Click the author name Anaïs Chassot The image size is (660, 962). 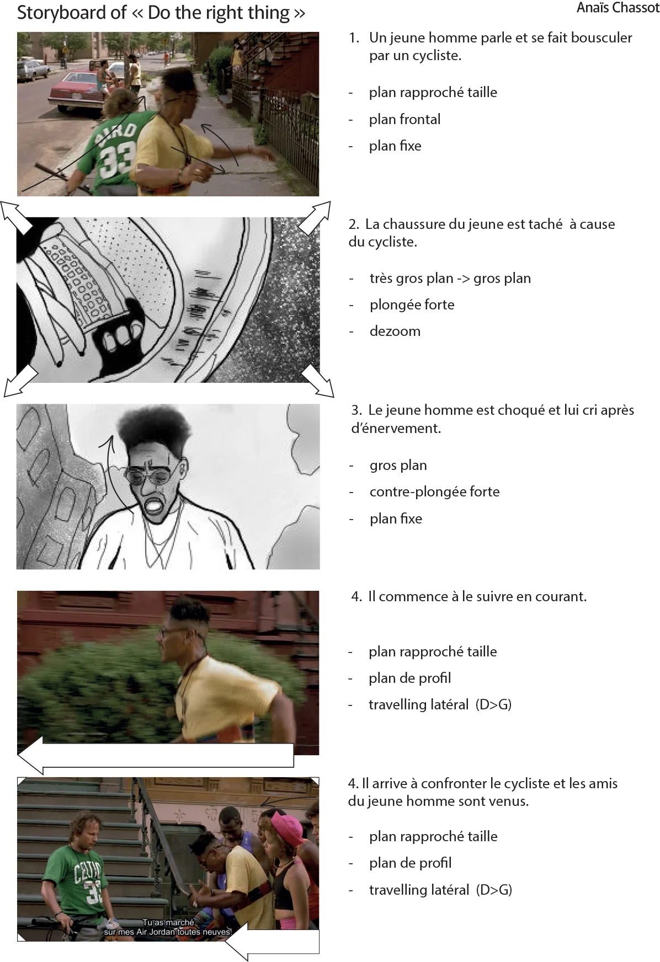(618, 8)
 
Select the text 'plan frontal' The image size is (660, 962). (404, 119)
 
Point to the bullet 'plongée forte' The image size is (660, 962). (412, 305)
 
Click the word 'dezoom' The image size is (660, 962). (395, 332)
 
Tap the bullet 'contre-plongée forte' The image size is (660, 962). (434, 492)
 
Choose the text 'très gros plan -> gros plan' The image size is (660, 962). (450, 279)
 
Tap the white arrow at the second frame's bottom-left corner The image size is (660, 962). (20, 381)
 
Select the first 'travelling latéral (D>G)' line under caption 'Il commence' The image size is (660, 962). (440, 705)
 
